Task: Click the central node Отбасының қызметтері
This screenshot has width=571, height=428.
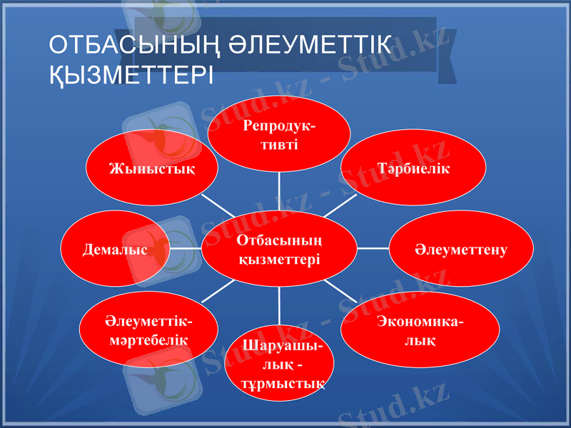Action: (279, 249)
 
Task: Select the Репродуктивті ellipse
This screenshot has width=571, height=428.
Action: (279, 135)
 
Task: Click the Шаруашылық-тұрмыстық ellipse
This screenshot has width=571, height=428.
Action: (279, 365)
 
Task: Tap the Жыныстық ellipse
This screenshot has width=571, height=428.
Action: (153, 169)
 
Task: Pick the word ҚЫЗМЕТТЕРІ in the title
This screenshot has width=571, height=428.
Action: (128, 73)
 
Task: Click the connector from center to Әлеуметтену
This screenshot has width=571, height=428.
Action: (373, 249)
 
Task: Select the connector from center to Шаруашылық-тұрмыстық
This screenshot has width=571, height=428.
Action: (279, 305)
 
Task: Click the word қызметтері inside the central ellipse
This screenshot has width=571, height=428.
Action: (279, 258)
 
